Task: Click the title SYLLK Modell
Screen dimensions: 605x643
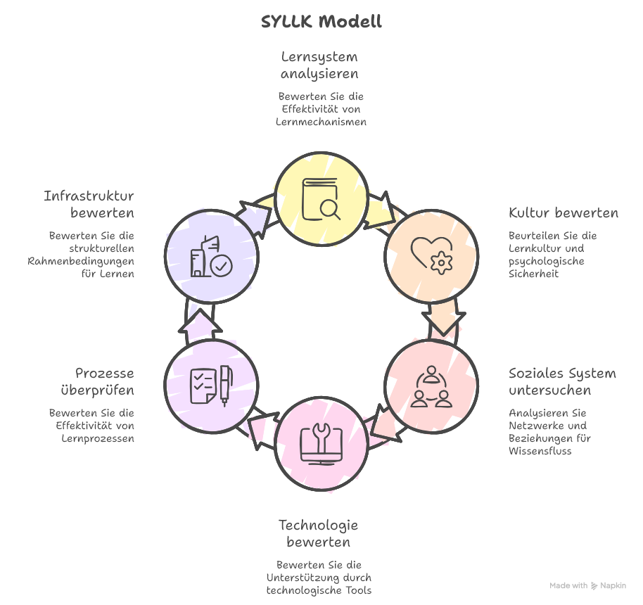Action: tap(321, 22)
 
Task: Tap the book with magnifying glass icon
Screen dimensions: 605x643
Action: tap(321, 200)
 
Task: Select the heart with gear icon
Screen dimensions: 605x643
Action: tap(431, 254)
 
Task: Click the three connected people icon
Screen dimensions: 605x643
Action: tap(431, 386)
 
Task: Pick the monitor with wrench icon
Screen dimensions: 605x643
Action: tap(321, 442)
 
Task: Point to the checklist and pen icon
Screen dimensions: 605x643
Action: tap(211, 386)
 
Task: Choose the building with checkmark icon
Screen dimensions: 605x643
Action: tap(211, 255)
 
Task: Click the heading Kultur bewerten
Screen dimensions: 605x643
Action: tap(564, 213)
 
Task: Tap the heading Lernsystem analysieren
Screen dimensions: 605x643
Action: tap(320, 65)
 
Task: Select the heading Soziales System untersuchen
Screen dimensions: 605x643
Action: tap(562, 382)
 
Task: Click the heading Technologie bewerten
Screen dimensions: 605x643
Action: tap(319, 533)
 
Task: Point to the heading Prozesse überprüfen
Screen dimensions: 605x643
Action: tap(104, 381)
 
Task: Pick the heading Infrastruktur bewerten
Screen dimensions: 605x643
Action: tap(89, 204)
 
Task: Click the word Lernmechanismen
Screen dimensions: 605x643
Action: tap(321, 122)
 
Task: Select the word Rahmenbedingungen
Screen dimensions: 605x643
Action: tap(81, 262)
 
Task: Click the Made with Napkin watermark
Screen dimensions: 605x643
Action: tap(587, 585)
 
